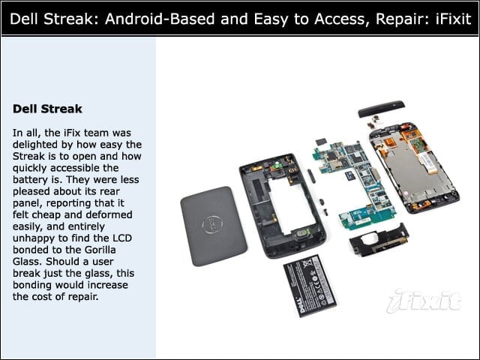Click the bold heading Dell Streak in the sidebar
47,109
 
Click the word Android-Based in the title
160,19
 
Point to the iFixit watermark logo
424,301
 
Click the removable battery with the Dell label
310,286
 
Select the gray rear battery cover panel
213,226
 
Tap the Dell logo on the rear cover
212,225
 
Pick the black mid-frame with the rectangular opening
282,205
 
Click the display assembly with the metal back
414,167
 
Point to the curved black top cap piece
382,109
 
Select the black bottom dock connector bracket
379,241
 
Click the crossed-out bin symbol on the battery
307,262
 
